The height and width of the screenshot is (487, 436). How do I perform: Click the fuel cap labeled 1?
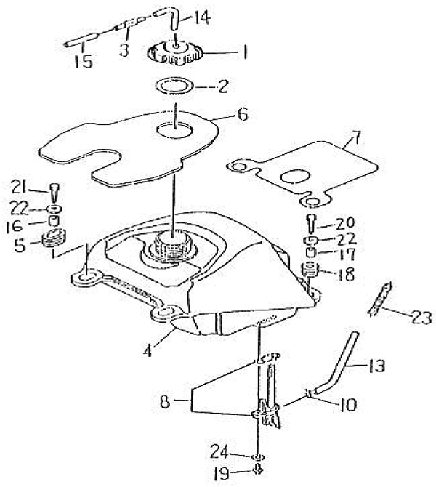[x=175, y=53]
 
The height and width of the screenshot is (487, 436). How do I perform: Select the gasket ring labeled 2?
[x=174, y=86]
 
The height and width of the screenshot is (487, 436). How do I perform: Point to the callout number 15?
[x=84, y=61]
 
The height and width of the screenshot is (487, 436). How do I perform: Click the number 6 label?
[x=243, y=114]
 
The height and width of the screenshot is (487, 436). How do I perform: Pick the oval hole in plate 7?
[x=295, y=176]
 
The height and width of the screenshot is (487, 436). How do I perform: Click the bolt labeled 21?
[x=54, y=192]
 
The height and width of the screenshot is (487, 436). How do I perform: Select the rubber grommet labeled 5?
[x=54, y=238]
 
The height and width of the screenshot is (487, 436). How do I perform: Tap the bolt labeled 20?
[x=312, y=223]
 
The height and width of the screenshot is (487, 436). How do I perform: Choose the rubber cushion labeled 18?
[x=310, y=270]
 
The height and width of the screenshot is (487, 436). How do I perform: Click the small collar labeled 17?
[x=310, y=252]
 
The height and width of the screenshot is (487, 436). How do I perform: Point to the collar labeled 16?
[x=54, y=221]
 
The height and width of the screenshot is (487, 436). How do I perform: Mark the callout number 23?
[x=421, y=318]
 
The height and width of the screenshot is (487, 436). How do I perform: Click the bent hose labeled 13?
[x=339, y=366]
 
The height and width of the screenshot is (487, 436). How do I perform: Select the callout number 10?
[x=348, y=405]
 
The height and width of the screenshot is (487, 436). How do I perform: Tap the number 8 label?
[x=165, y=401]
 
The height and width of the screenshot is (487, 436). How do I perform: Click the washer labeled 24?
[x=259, y=457]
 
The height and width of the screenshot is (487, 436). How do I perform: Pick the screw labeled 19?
[x=258, y=469]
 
